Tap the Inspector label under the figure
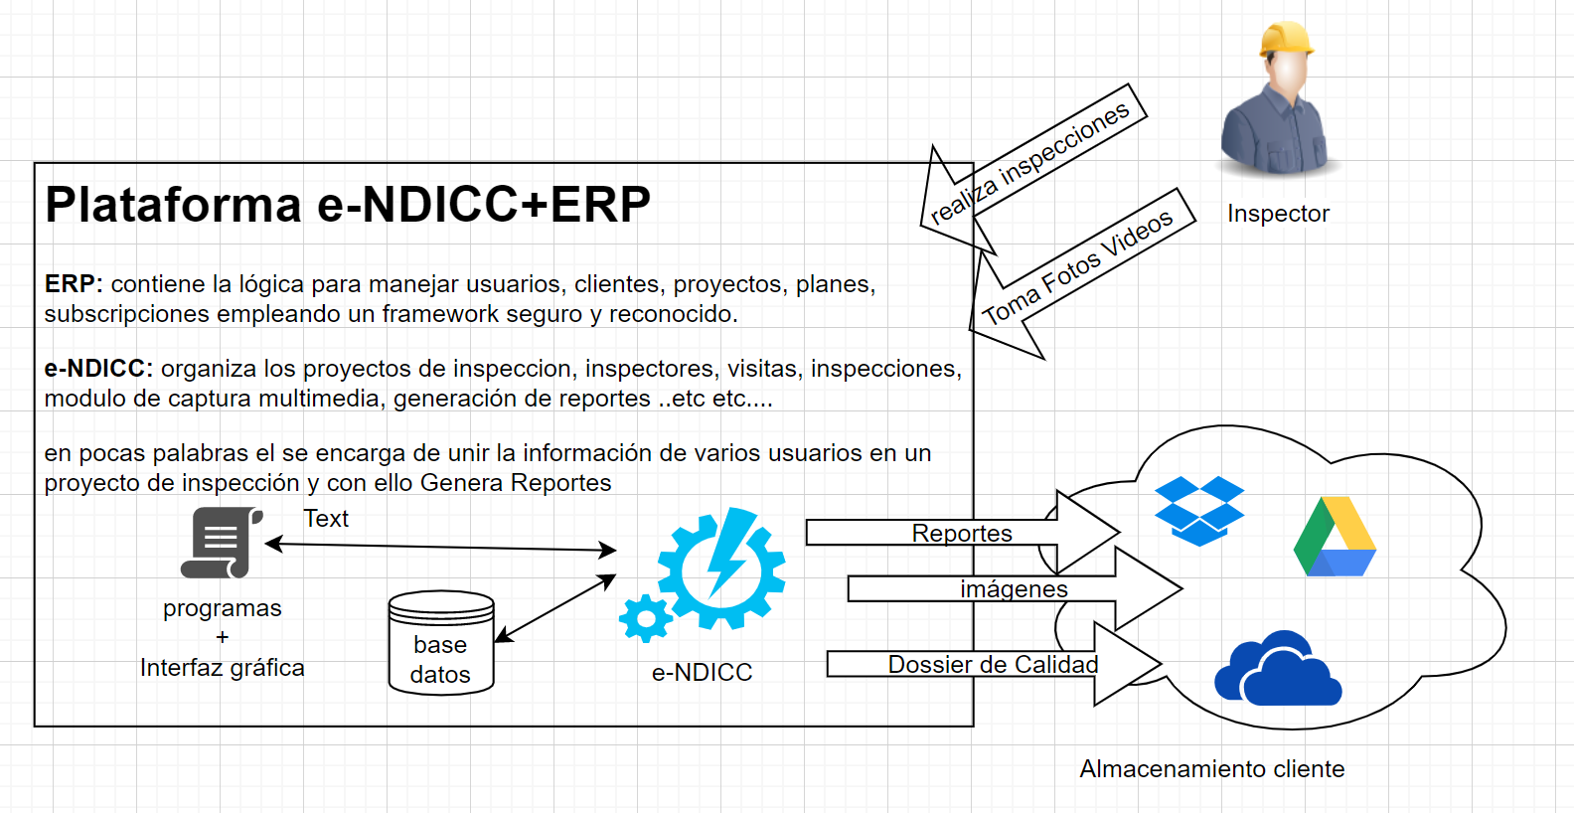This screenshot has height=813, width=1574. pyautogui.click(x=1278, y=214)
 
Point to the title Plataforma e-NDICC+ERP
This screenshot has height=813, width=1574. pyautogui.click(x=348, y=205)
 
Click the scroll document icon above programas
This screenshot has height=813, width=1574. pyautogui.click(x=221, y=543)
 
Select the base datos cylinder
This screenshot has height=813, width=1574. pyautogui.click(x=441, y=643)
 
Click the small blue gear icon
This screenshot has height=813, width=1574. pyautogui.click(x=646, y=619)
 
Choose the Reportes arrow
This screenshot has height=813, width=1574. pyautogui.click(x=962, y=534)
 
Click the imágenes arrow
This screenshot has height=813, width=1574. pyautogui.click(x=1014, y=589)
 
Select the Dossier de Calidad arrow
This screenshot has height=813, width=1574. pyautogui.click(x=993, y=664)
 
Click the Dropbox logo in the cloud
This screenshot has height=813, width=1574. pyautogui.click(x=1199, y=510)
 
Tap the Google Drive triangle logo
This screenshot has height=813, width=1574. pyautogui.click(x=1335, y=538)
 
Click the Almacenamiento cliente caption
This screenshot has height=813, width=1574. pyautogui.click(x=1212, y=769)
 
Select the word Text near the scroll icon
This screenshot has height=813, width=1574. pyautogui.click(x=326, y=519)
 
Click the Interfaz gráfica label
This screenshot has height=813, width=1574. pyautogui.click(x=223, y=668)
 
